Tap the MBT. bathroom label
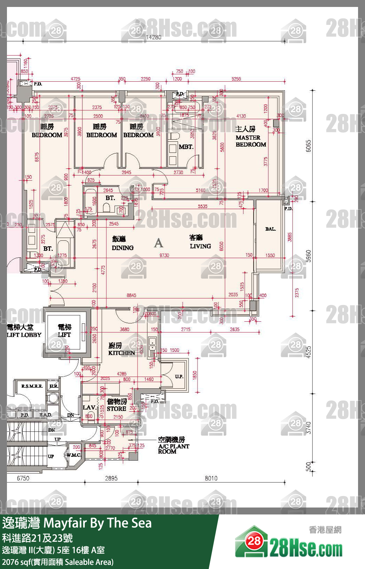(x=186, y=147)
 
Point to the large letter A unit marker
(x=158, y=242)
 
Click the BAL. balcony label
(x=270, y=229)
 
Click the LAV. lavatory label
(x=89, y=407)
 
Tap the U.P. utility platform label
(x=179, y=377)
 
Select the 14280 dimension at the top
(x=154, y=37)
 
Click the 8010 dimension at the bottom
(x=211, y=478)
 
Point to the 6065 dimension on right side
(x=308, y=146)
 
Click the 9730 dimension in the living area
(x=164, y=255)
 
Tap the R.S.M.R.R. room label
(x=32, y=386)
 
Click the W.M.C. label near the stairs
(x=74, y=455)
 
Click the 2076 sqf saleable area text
(x=58, y=562)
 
